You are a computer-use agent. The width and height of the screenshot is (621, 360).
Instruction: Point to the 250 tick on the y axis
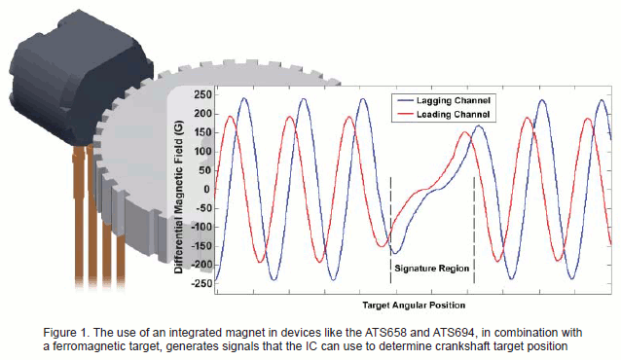[x=201, y=95]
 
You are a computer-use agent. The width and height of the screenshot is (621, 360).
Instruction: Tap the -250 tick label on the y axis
[x=200, y=282]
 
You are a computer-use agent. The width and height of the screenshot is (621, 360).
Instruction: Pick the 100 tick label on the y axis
[x=201, y=151]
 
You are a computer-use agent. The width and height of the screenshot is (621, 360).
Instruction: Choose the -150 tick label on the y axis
[x=200, y=245]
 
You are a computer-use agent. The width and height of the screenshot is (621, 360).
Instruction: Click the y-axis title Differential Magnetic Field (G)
[x=179, y=190]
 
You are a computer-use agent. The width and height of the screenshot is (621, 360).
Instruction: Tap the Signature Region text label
[x=432, y=265]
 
